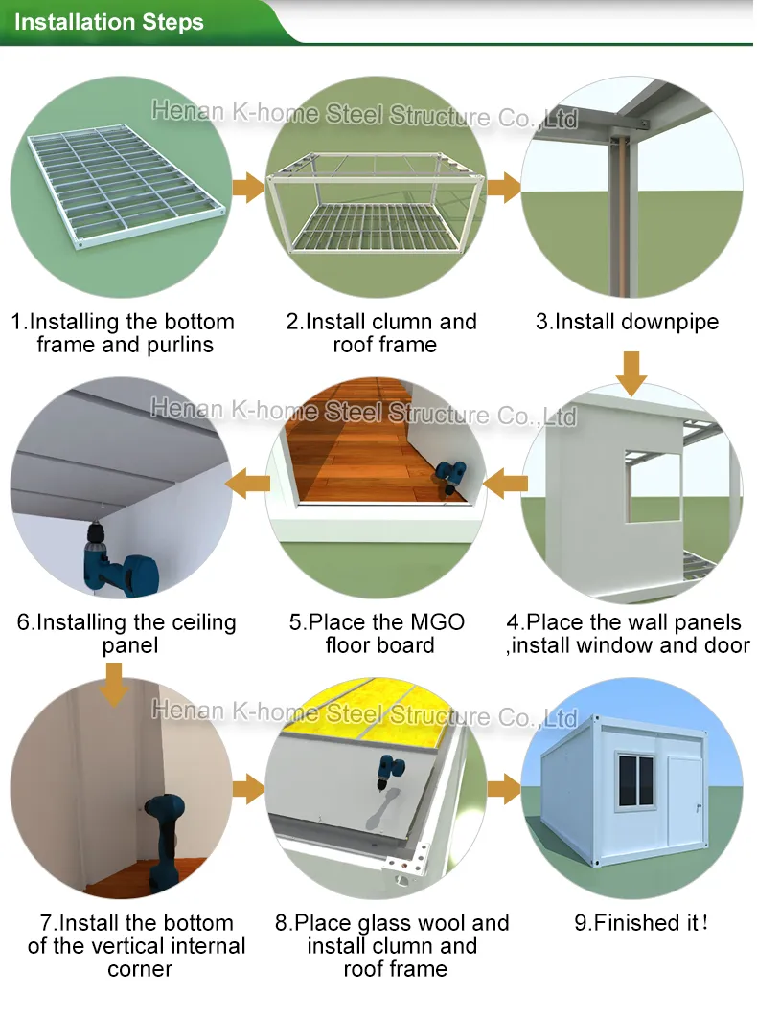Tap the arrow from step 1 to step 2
tap(248, 187)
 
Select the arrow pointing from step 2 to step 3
tap(503, 187)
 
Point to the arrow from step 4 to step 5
tap(505, 485)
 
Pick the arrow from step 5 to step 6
tap(250, 485)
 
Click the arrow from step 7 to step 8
tap(248, 789)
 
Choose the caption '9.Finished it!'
tap(640, 924)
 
